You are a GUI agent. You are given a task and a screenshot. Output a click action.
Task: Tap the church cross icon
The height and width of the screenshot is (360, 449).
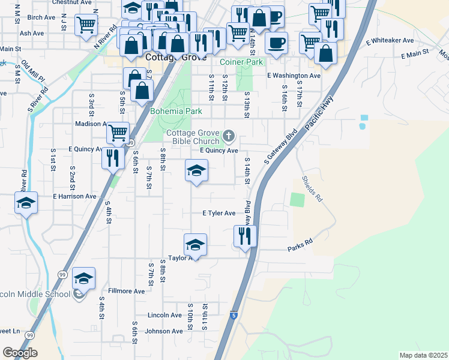(228, 137)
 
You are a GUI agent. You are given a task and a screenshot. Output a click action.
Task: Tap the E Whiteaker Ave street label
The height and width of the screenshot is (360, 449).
(390, 41)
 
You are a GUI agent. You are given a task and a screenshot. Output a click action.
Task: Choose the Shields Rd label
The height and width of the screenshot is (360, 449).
(312, 188)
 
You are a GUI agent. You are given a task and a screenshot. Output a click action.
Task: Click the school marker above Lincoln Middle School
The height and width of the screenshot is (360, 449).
(84, 278)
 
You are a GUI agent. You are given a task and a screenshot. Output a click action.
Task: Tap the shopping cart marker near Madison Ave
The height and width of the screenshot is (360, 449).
(118, 131)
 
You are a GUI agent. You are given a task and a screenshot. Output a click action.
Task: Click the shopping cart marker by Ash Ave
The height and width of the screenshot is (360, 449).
(86, 25)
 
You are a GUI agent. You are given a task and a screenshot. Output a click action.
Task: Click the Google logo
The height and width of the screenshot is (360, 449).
(20, 352)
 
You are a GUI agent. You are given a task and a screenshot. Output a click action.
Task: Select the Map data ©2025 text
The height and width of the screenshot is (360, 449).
(423, 355)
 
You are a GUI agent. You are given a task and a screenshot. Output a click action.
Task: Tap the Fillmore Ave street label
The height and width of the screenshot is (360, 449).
(131, 291)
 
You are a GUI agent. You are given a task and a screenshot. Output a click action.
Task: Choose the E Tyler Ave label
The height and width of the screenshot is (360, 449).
(218, 213)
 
